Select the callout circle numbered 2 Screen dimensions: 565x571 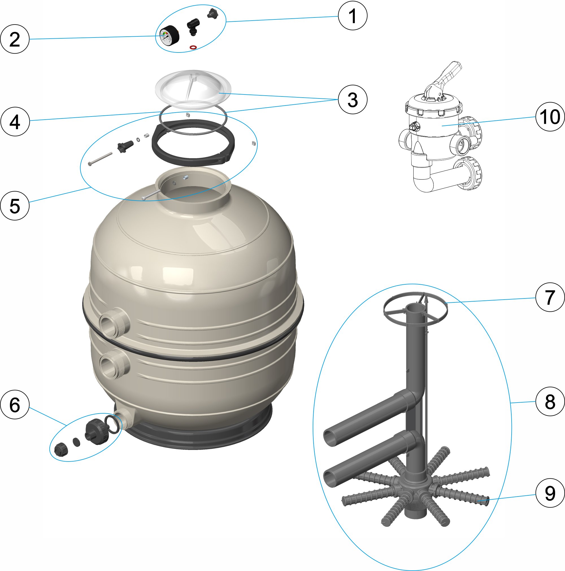(15, 39)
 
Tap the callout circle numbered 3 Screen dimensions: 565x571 (353, 99)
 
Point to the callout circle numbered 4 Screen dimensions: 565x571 (15, 122)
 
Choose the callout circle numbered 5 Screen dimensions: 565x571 (15, 206)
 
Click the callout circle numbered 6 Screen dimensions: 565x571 (15, 405)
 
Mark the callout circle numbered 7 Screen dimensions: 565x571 (550, 297)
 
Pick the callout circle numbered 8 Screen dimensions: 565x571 (550, 401)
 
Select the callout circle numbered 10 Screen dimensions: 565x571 (550, 117)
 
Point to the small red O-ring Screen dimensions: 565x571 (193, 47)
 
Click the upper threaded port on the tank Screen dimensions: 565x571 (114, 322)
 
